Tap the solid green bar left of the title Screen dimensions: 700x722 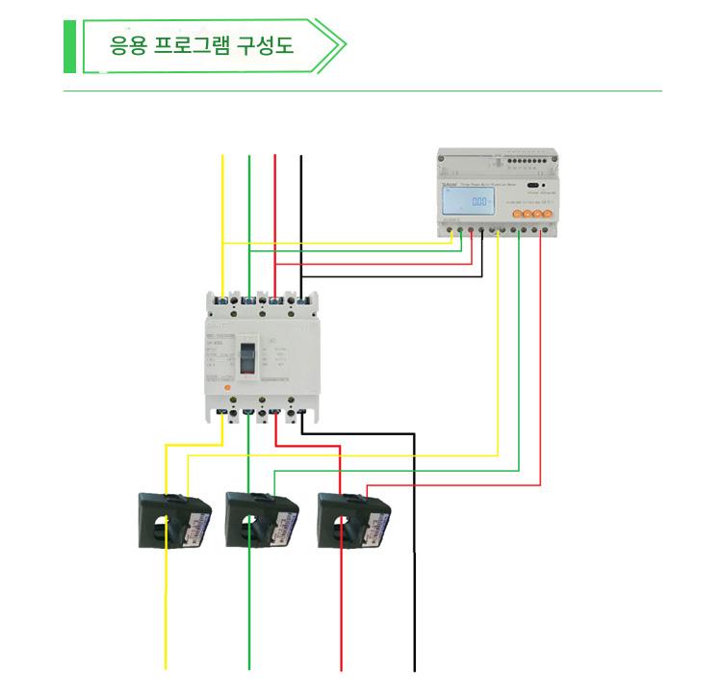coord(69,44)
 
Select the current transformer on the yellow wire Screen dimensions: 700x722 coord(173,519)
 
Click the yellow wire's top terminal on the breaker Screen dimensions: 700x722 coord(223,302)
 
